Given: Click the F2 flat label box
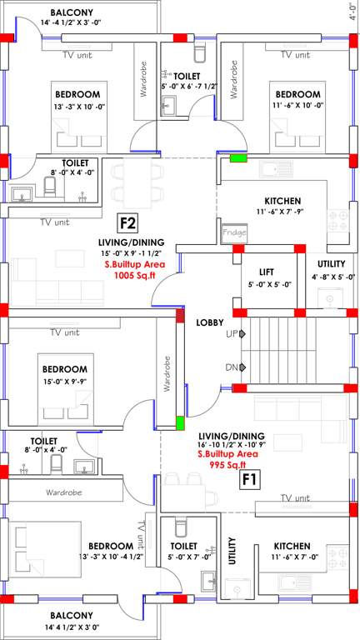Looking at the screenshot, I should click(x=127, y=223).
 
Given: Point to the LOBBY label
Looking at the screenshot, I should click(x=208, y=322).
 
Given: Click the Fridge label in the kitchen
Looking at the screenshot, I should click(x=234, y=233).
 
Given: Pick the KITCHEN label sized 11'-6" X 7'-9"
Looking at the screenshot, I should click(x=282, y=201).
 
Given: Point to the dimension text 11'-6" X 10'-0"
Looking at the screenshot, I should click(x=297, y=105).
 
